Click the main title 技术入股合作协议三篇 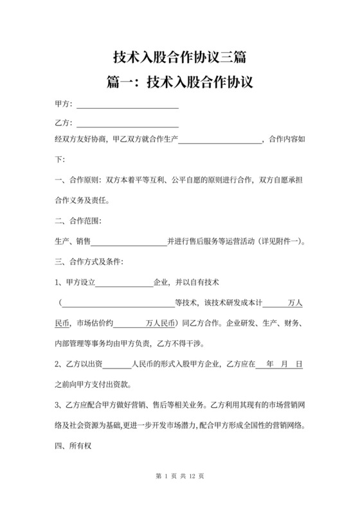tap(179, 57)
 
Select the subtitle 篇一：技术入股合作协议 tap(179, 82)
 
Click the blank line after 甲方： tap(127, 104)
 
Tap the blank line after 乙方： tap(127, 123)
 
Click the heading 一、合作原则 tap(76, 181)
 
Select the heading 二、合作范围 tap(76, 221)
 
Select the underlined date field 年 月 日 tap(280, 363)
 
